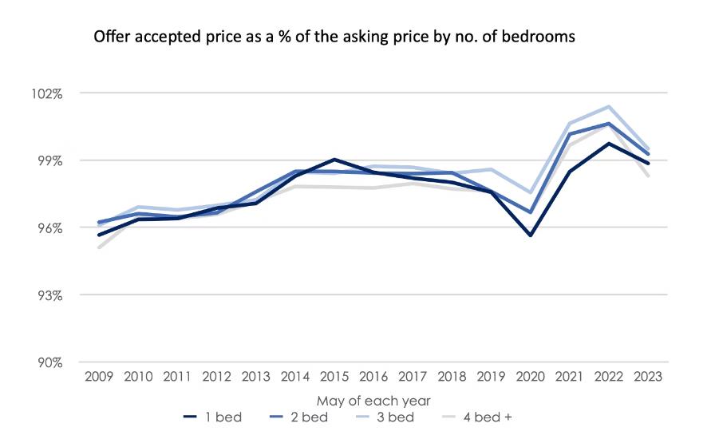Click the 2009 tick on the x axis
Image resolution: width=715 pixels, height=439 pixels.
tap(99, 376)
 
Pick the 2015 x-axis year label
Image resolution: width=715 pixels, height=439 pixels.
tap(334, 376)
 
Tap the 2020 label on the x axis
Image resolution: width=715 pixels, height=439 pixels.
tap(531, 376)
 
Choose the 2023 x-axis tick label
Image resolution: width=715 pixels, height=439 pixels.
tap(648, 376)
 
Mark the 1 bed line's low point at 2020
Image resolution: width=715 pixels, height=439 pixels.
tap(531, 235)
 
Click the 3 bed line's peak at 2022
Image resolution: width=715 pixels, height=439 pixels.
tap(609, 106)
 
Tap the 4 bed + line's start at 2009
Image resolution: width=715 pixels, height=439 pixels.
tap(99, 247)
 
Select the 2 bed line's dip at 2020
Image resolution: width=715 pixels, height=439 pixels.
tap(531, 212)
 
